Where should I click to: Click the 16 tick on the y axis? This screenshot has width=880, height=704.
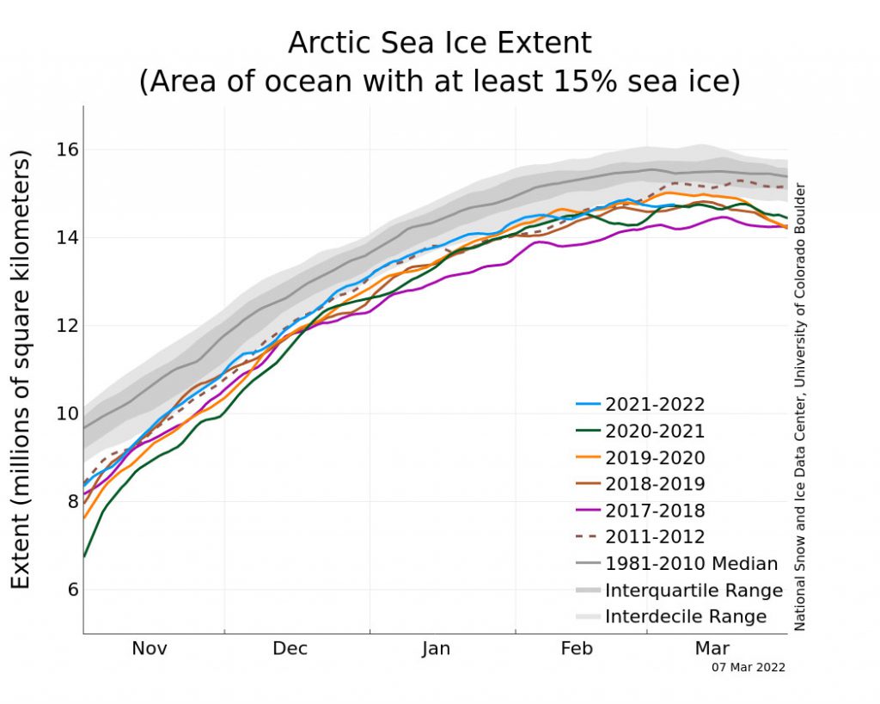click(x=68, y=150)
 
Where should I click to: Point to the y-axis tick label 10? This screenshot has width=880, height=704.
click(x=68, y=413)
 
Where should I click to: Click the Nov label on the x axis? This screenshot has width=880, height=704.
click(x=150, y=649)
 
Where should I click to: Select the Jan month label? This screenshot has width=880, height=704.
click(x=436, y=649)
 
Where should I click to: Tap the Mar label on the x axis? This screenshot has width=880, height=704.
click(x=712, y=649)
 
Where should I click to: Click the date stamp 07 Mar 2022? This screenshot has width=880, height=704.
click(x=749, y=667)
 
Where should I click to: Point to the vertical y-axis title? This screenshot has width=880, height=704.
click(x=21, y=370)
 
